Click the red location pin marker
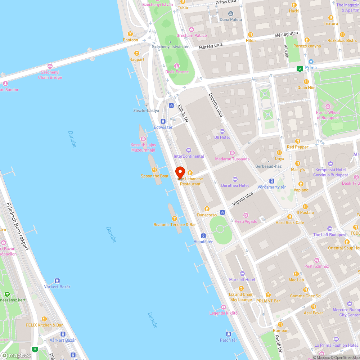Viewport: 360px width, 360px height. (180, 172)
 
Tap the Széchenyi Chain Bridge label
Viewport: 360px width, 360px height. (50, 75)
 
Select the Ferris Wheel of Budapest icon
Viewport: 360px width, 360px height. (328, 107)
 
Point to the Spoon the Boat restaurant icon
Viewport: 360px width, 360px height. (154, 170)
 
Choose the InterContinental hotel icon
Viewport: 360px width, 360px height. (188, 150)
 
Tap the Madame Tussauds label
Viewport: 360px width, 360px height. (232, 159)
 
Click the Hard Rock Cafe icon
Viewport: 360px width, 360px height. (289, 217)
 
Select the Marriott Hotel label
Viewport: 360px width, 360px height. (242, 280)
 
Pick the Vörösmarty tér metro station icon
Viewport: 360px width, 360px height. (272, 181)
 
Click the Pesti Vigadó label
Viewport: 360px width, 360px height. (246, 221)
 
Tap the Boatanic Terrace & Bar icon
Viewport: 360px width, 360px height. (175, 218)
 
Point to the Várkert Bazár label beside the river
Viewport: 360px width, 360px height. (57, 287)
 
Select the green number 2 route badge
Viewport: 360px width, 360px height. (300, 69)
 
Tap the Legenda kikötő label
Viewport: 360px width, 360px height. (224, 313)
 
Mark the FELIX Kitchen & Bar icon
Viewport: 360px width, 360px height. (44, 319)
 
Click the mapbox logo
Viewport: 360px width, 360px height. (16, 355)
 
